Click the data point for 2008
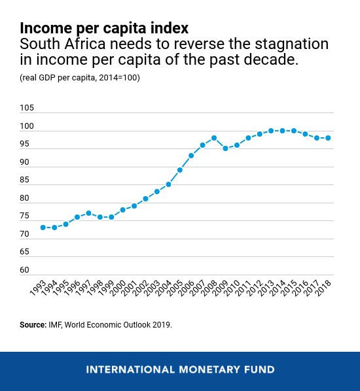click(x=214, y=138)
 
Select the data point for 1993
click(x=43, y=228)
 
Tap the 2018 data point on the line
click(x=328, y=138)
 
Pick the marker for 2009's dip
click(x=225, y=148)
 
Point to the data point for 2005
click(x=180, y=170)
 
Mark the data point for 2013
click(x=271, y=131)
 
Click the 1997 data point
click(x=89, y=213)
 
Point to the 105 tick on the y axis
click(x=27, y=108)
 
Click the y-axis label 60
click(x=24, y=270)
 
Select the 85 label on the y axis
click(x=24, y=180)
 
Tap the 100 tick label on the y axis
click(x=27, y=126)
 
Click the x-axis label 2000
click(x=118, y=288)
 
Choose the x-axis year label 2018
click(x=323, y=288)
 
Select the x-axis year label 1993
click(x=39, y=288)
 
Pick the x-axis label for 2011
click(x=243, y=288)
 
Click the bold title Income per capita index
click(x=104, y=28)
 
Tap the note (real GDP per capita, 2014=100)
click(x=80, y=78)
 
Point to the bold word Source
click(x=33, y=325)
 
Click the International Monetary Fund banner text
click(x=180, y=369)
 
